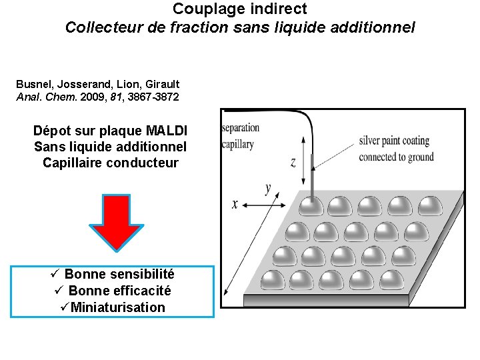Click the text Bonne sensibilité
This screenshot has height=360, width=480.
[x=119, y=274]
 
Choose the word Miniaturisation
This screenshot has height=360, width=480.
[x=117, y=307]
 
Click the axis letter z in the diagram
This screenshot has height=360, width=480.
[x=293, y=162]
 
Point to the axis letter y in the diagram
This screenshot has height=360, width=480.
[x=268, y=189]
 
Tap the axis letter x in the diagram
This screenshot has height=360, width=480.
[x=235, y=204]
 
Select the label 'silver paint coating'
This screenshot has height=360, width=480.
[x=394, y=141]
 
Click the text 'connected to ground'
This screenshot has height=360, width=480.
[x=396, y=157]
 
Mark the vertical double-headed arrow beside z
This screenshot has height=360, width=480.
[x=303, y=160]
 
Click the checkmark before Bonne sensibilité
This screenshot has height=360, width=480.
[x=56, y=274]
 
